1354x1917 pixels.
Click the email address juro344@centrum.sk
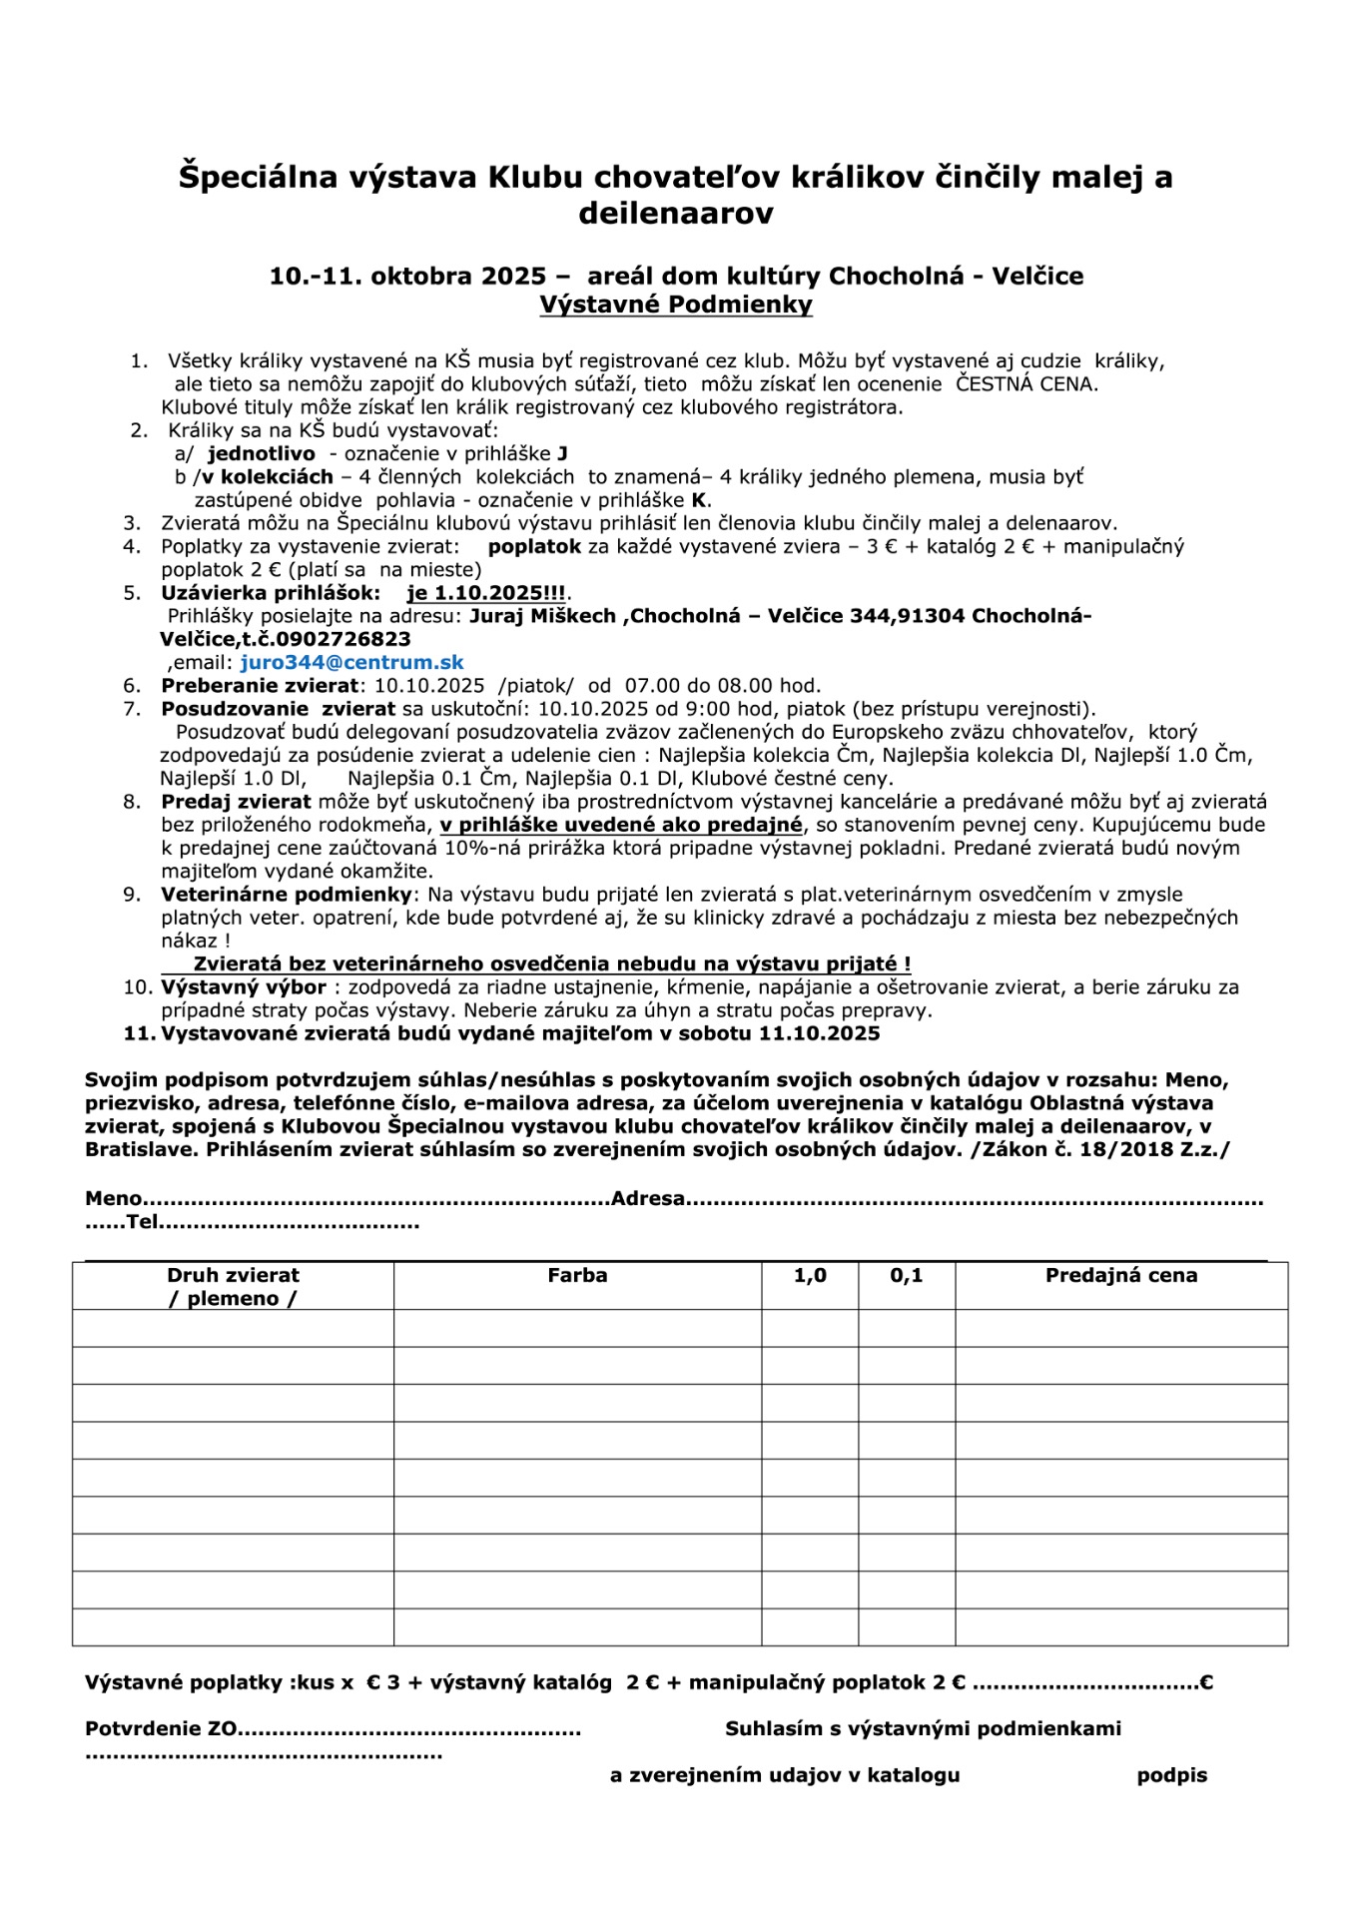351,663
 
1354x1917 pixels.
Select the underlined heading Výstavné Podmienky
676,305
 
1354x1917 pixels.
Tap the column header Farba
577,1275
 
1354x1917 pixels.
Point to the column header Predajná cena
1120,1275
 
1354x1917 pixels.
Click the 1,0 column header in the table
810,1275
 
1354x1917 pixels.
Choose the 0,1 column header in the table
906,1275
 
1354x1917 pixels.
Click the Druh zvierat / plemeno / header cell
233,1286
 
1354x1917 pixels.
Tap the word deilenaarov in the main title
676,214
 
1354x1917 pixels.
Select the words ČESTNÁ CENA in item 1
1026,383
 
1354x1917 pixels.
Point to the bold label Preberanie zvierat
260,686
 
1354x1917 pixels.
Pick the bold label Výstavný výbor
244,987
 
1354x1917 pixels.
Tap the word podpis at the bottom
1171,1776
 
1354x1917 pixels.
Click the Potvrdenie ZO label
161,1729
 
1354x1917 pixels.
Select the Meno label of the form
113,1199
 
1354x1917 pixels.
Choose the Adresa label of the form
648,1199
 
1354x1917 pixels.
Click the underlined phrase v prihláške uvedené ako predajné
620,826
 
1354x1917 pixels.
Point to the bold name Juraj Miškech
542,616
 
